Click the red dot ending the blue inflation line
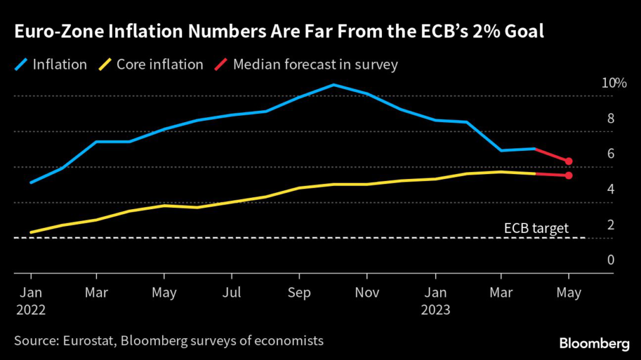[x=568, y=162]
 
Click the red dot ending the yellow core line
[x=568, y=175]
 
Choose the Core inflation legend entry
[x=160, y=64]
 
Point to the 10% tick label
[x=613, y=83]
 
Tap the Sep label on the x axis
[x=299, y=293]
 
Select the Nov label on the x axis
[x=367, y=293]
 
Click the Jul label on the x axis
[x=232, y=293]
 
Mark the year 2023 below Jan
[x=436, y=309]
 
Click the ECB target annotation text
[x=536, y=229]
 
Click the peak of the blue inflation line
[x=334, y=85]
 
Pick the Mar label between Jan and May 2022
[x=96, y=293]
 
